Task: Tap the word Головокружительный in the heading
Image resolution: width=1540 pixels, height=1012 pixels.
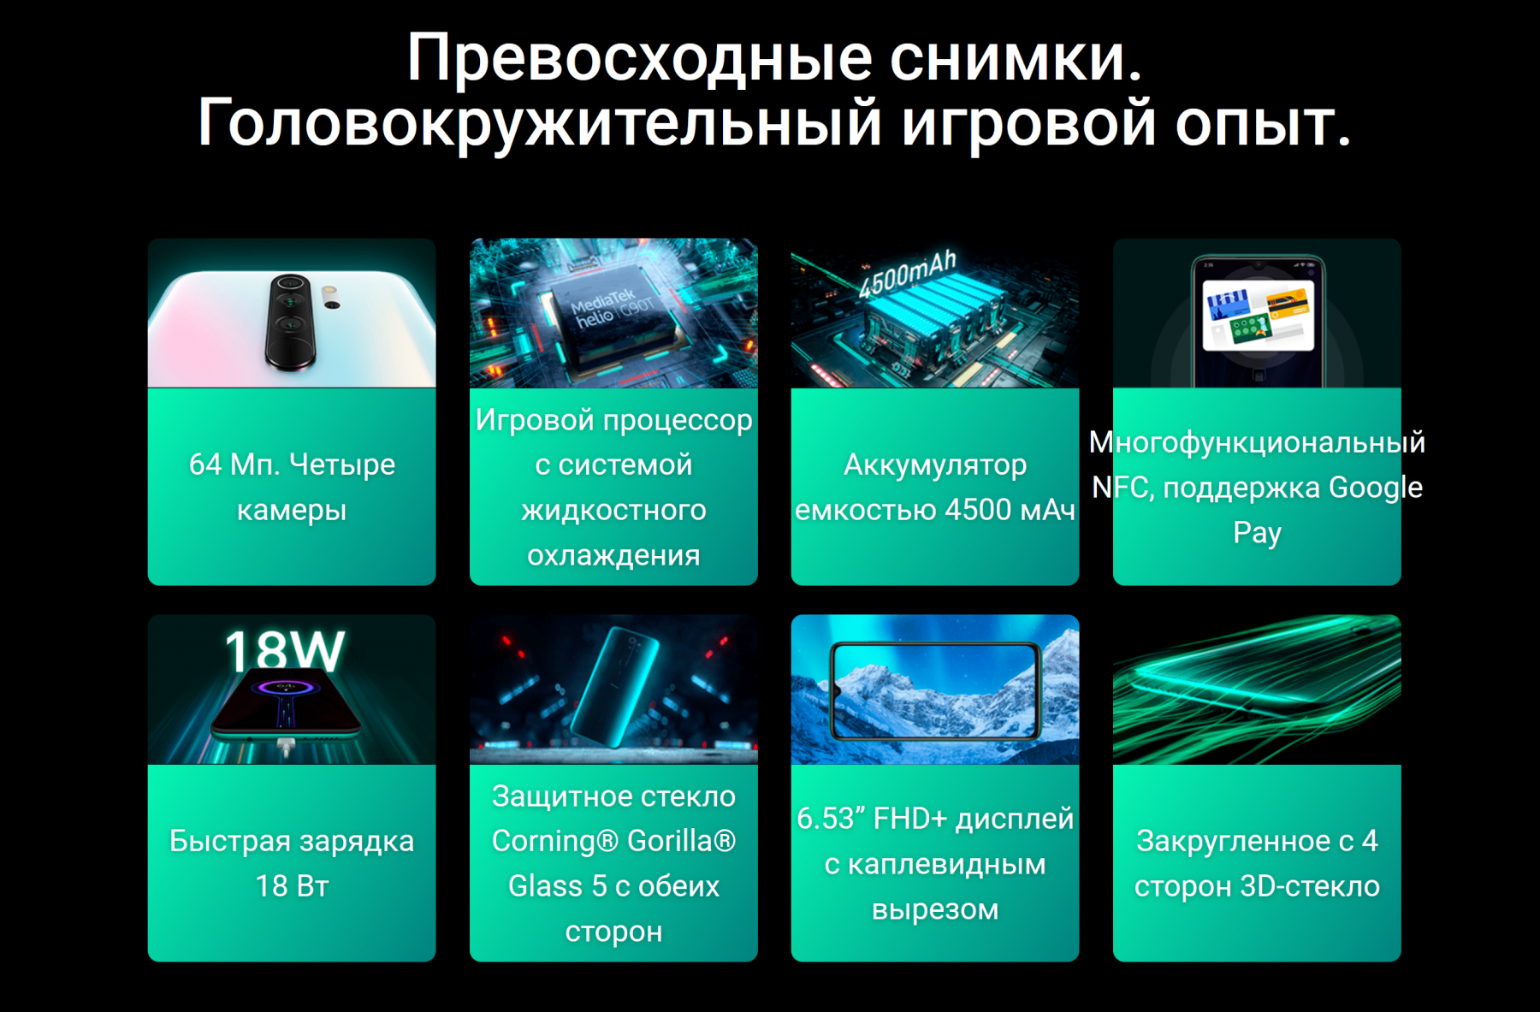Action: [x=540, y=122]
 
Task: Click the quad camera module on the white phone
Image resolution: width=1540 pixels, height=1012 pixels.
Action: [x=291, y=321]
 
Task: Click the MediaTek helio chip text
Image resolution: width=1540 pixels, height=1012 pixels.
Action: [x=611, y=309]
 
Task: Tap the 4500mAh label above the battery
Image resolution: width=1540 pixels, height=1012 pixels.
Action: [x=908, y=274]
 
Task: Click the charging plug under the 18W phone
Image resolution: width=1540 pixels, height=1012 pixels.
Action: [x=287, y=748]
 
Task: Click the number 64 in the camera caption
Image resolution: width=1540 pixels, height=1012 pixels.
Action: [x=205, y=465]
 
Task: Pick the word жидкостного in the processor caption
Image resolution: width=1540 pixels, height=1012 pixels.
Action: [x=613, y=511]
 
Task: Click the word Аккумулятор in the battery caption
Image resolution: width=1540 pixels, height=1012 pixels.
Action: [x=935, y=465]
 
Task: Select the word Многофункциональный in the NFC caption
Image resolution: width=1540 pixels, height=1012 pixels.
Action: [x=1257, y=442]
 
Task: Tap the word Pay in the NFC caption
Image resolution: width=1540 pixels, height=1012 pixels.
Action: [x=1257, y=533]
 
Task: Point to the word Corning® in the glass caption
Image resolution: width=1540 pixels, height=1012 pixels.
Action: [x=555, y=841]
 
